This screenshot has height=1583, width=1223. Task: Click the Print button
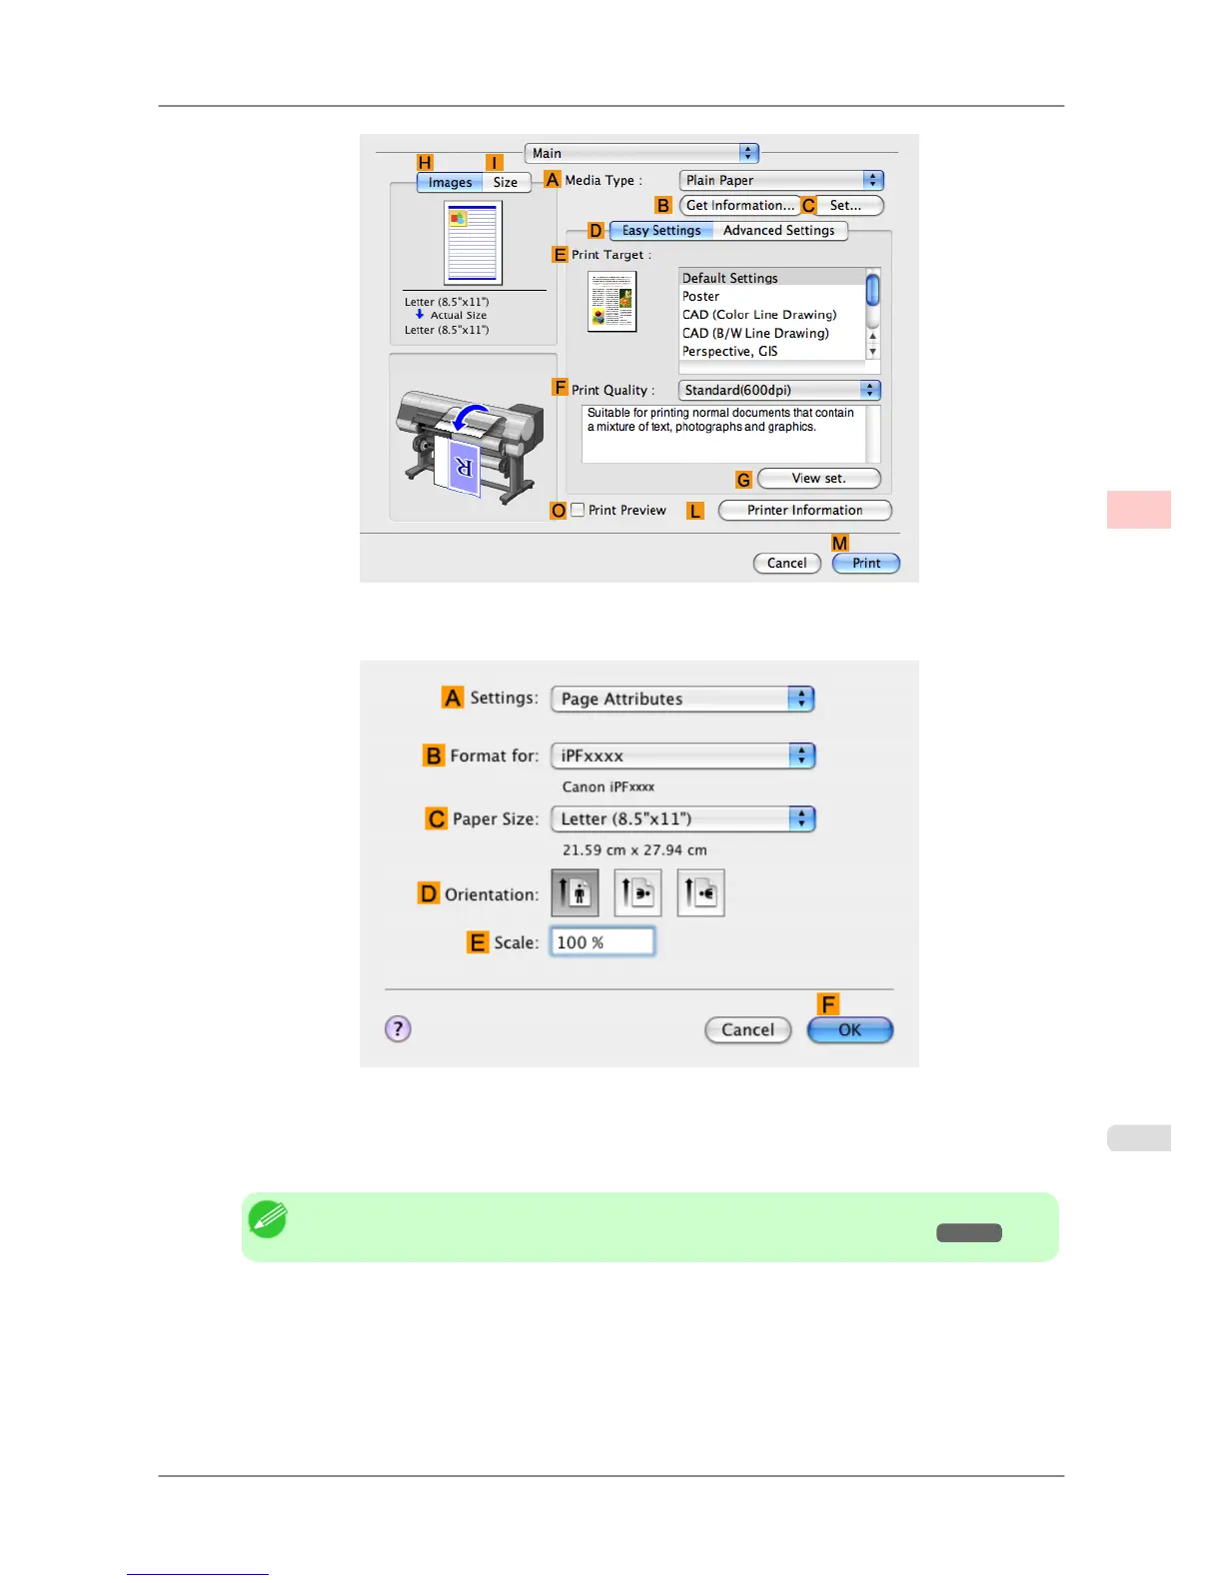pos(865,564)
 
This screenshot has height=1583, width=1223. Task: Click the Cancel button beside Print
pos(786,564)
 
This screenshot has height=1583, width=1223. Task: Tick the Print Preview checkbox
pos(579,510)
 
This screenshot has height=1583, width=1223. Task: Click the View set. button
pos(818,479)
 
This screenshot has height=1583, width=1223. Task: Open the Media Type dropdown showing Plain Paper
pos(780,181)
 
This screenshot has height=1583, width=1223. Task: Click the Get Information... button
pos(739,206)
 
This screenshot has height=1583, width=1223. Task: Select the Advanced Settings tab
pos(778,231)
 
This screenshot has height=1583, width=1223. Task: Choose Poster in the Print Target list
pos(701,297)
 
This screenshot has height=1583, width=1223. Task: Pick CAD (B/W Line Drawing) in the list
pos(755,334)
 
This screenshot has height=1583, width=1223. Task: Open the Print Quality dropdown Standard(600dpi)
pos(778,391)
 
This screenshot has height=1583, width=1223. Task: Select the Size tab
pos(506,183)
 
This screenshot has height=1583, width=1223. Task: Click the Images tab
pos(450,183)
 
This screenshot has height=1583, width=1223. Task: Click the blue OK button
pos(849,1030)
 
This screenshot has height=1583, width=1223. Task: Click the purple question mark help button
pos(398,1029)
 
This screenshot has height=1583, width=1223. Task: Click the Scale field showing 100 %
pos(602,942)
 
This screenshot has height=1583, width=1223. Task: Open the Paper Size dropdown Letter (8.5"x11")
pos(682,819)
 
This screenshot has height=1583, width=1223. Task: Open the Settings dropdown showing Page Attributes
pos(682,700)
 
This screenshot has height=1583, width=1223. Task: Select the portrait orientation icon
pos(575,892)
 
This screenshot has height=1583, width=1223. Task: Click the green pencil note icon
pos(268,1219)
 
